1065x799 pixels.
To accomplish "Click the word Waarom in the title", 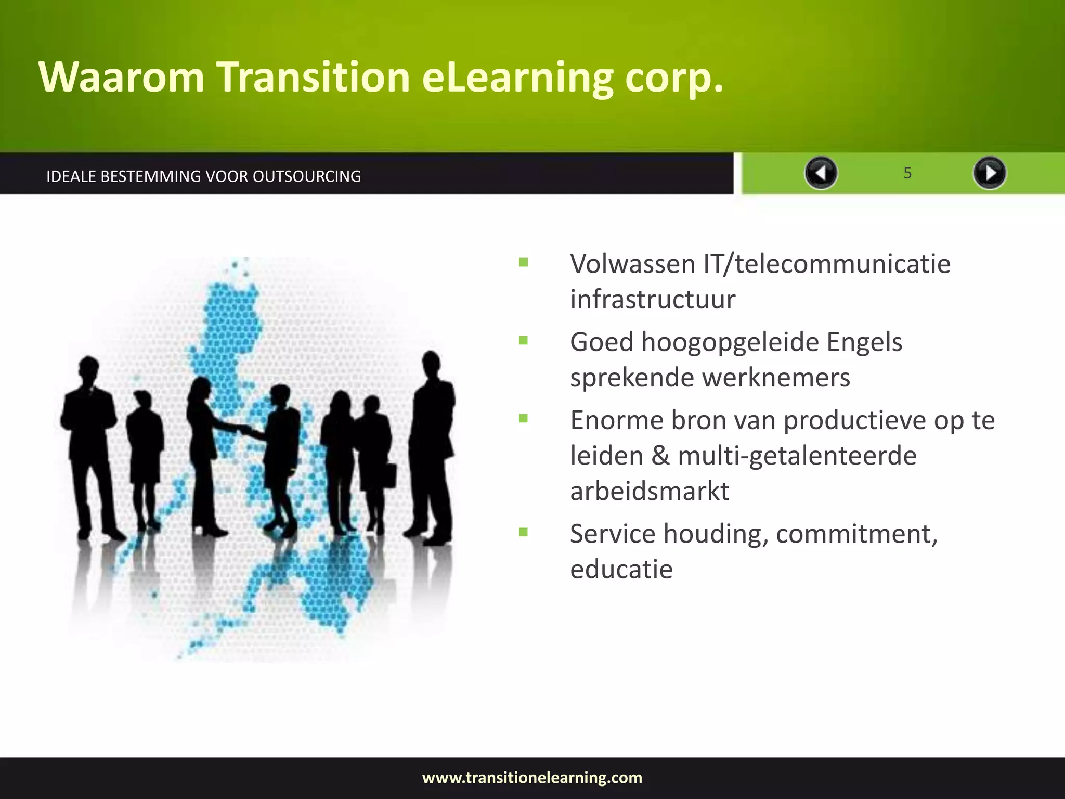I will coord(122,77).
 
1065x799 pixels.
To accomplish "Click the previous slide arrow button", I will coord(821,173).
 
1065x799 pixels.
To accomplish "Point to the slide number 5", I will coord(907,173).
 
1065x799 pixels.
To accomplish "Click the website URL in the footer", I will coord(532,778).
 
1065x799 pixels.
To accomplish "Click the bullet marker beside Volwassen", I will coord(523,263).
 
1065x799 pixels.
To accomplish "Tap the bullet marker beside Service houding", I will coord(523,532).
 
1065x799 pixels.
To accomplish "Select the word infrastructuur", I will coord(653,300).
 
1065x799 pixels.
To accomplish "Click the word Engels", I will coord(864,342).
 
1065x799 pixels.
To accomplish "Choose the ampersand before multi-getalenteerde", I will coord(660,456).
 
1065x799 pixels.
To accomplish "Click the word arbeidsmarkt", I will coord(650,491).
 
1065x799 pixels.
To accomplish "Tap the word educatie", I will coord(621,569).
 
